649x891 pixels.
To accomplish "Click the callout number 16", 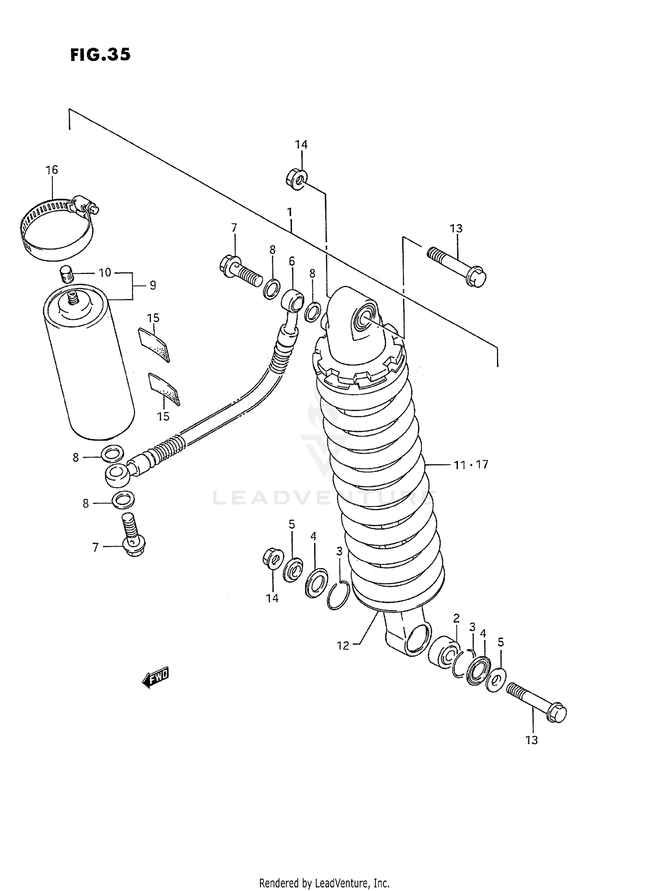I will click(51, 170).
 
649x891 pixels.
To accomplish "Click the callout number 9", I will click(153, 286).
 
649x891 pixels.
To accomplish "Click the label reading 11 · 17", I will click(471, 465).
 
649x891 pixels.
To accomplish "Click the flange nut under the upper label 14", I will click(297, 179).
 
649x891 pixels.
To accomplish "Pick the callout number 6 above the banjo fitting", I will click(292, 261).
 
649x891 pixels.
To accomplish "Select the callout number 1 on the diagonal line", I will click(289, 212).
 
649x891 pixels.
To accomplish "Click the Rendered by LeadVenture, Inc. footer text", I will click(324, 882).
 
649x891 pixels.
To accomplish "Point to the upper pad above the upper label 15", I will click(154, 344).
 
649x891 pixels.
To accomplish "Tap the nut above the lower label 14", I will click(273, 559).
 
